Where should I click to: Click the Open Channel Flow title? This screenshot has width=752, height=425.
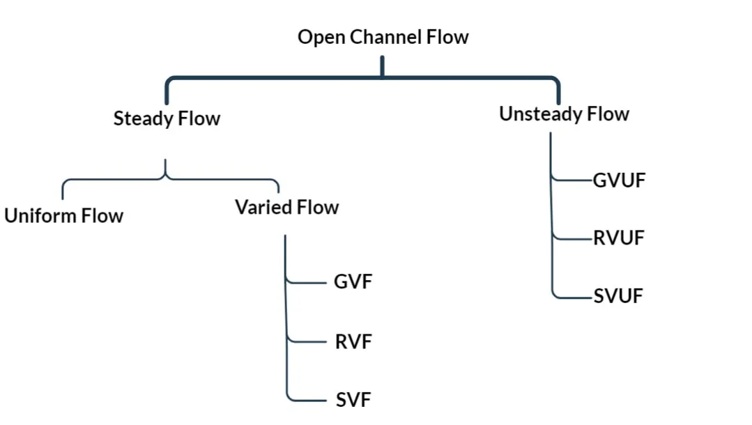pyautogui.click(x=383, y=37)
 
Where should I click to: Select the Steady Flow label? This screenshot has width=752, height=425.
pyautogui.click(x=167, y=118)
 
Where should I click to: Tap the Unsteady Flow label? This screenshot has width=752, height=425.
pyautogui.click(x=564, y=114)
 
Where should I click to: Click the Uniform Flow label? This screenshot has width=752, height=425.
pyautogui.click(x=63, y=215)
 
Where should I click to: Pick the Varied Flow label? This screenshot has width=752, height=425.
pyautogui.click(x=286, y=208)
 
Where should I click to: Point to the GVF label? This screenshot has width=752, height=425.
pyautogui.click(x=353, y=282)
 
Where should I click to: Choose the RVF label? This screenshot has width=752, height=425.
pyautogui.click(x=353, y=341)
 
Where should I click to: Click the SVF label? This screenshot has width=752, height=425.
pyautogui.click(x=353, y=400)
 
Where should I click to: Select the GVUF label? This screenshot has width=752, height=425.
pyautogui.click(x=619, y=180)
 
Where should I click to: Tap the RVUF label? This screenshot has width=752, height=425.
pyautogui.click(x=619, y=238)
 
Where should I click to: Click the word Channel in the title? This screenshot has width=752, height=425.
pyautogui.click(x=387, y=37)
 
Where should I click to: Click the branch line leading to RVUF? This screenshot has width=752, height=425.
pyautogui.click(x=572, y=238)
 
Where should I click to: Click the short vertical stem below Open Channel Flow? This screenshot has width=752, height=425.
pyautogui.click(x=382, y=66)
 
